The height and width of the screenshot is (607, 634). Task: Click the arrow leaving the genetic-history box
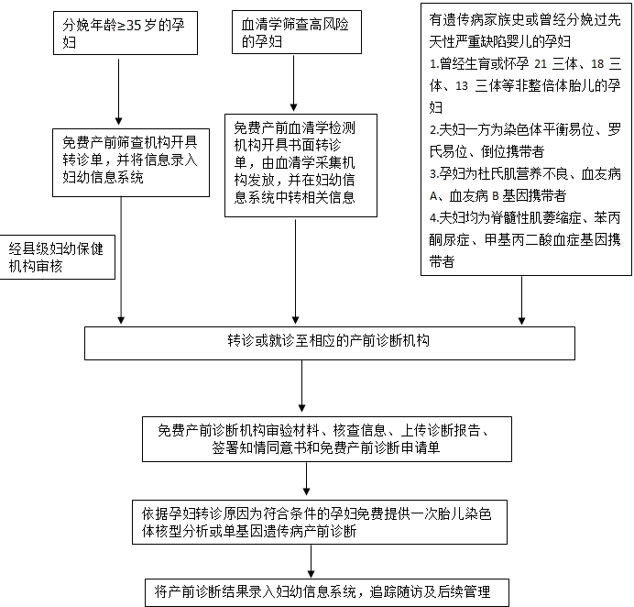coord(521,300)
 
